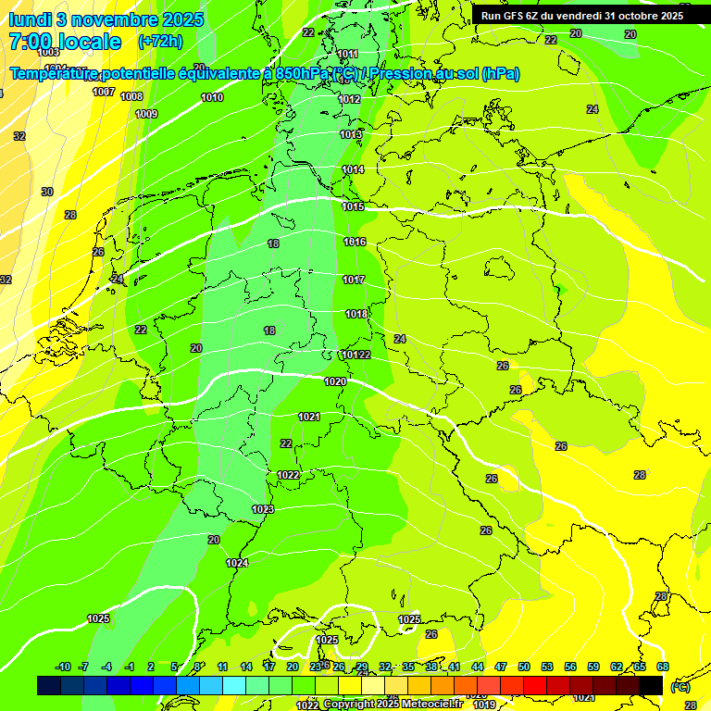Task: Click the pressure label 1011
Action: click(x=348, y=54)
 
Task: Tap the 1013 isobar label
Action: click(x=351, y=134)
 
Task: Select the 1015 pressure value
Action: click(x=353, y=206)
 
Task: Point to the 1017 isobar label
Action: click(x=354, y=280)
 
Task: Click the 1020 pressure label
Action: click(x=335, y=381)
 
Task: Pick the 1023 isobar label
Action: click(x=263, y=509)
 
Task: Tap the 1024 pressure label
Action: click(x=237, y=563)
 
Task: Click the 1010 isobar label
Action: click(x=212, y=97)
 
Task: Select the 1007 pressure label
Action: click(x=104, y=92)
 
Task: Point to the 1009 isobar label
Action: click(x=146, y=114)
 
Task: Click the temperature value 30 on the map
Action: click(x=47, y=192)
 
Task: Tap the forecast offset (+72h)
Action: click(x=159, y=42)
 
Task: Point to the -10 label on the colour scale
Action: click(x=63, y=667)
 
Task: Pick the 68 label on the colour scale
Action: click(x=663, y=667)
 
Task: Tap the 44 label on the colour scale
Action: click(x=478, y=667)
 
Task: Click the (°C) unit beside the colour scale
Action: click(x=680, y=687)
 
